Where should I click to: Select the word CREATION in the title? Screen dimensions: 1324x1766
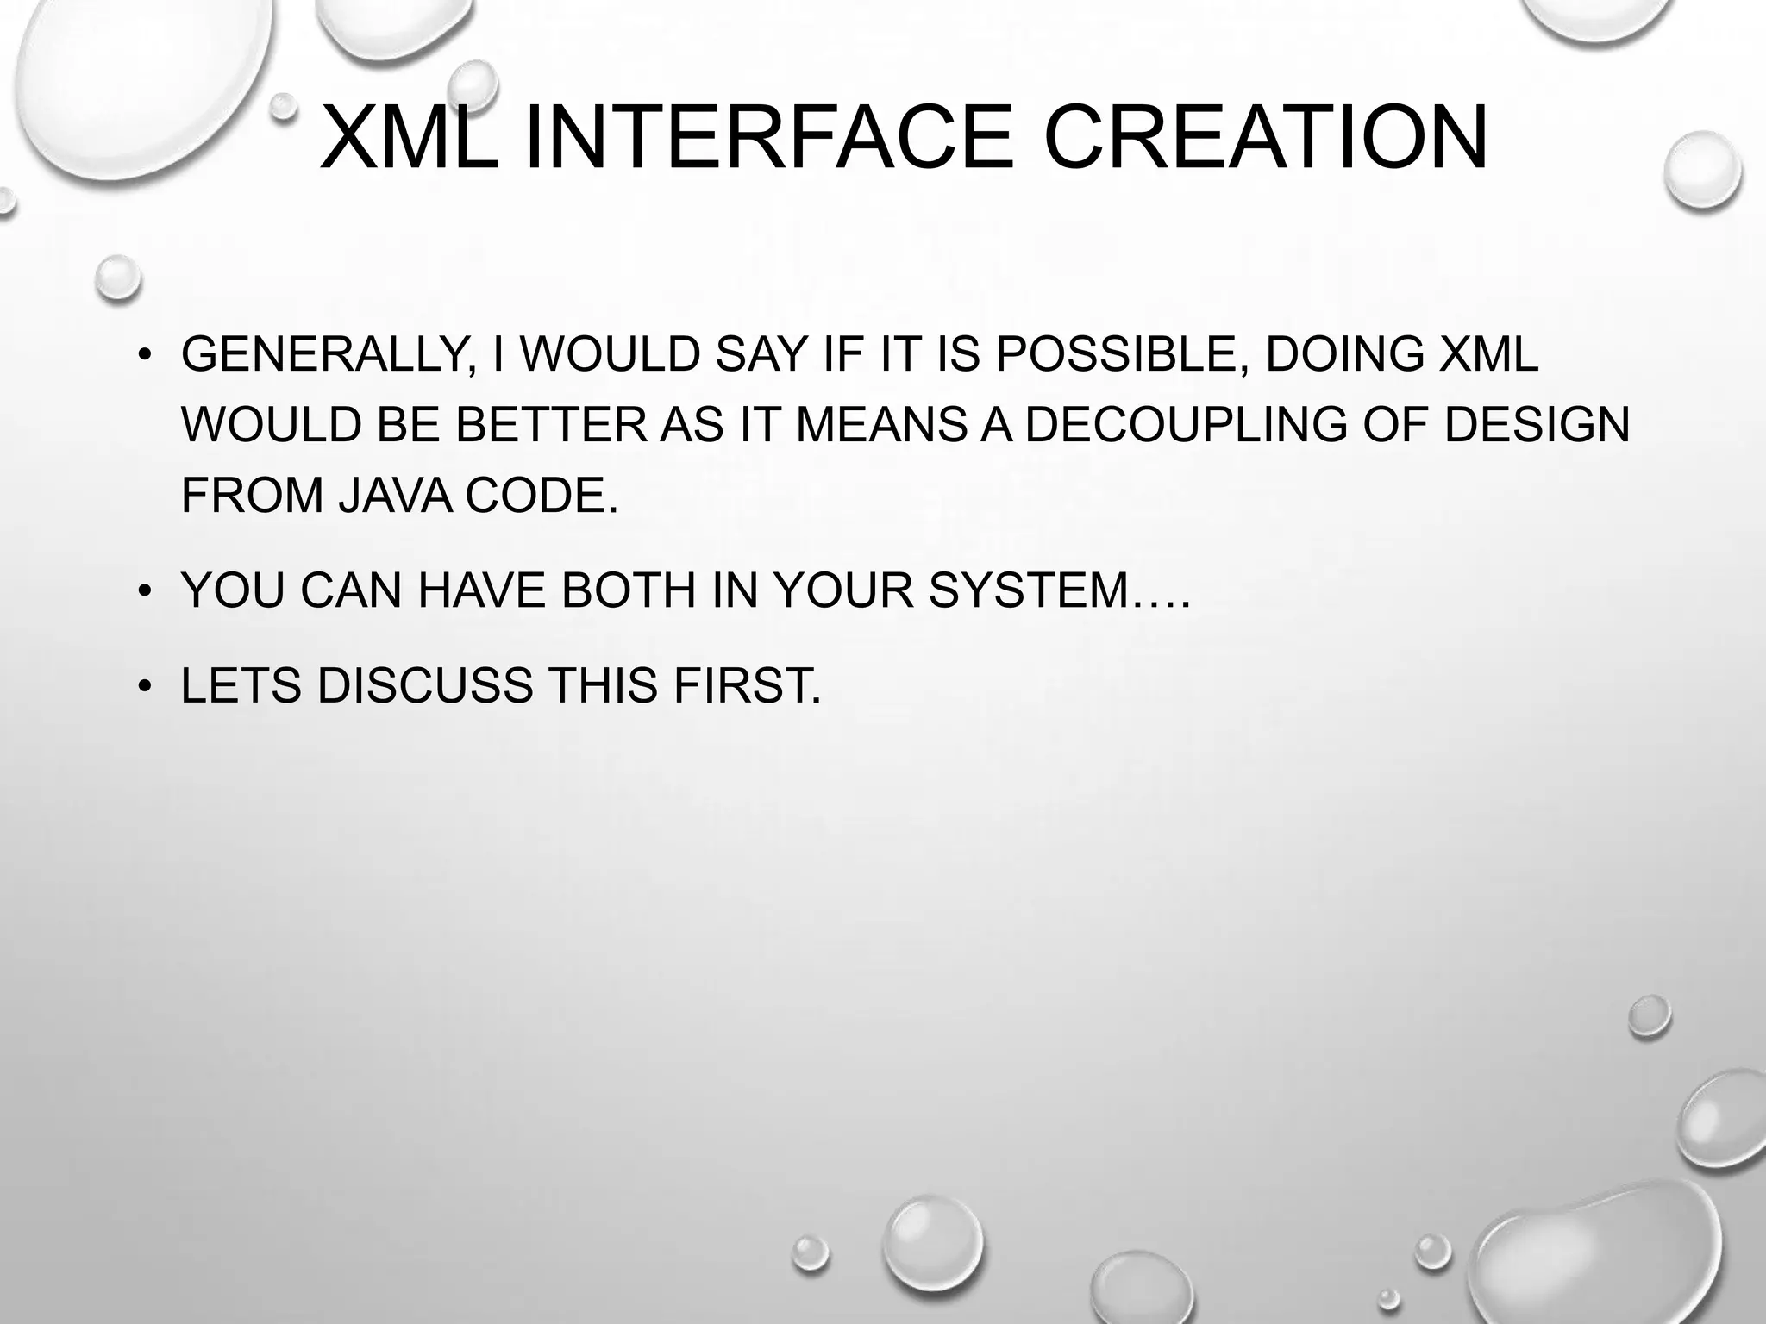(x=1266, y=138)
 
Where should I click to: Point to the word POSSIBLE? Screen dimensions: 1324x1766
(x=1123, y=355)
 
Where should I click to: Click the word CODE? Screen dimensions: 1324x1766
(x=542, y=495)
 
